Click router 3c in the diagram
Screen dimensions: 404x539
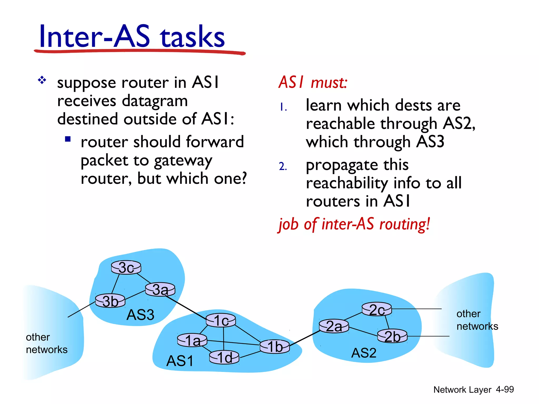(x=126, y=268)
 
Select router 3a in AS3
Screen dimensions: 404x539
(x=160, y=290)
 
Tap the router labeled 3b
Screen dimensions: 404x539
(x=110, y=301)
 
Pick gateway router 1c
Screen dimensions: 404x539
(x=221, y=320)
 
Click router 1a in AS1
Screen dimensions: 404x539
(x=192, y=340)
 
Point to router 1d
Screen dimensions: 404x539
(x=224, y=357)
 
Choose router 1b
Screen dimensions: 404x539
(x=275, y=346)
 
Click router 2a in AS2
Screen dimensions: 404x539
(x=334, y=326)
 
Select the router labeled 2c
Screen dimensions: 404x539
(x=377, y=309)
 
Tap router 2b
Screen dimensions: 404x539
(x=392, y=336)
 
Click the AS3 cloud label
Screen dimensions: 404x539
(x=140, y=315)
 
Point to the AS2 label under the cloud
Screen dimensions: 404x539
(x=364, y=353)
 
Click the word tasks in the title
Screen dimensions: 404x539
(x=193, y=37)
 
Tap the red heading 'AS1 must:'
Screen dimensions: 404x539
(x=313, y=82)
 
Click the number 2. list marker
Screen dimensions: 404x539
(x=283, y=166)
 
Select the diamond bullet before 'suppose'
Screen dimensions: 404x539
(x=42, y=80)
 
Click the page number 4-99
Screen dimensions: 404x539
(x=505, y=389)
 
